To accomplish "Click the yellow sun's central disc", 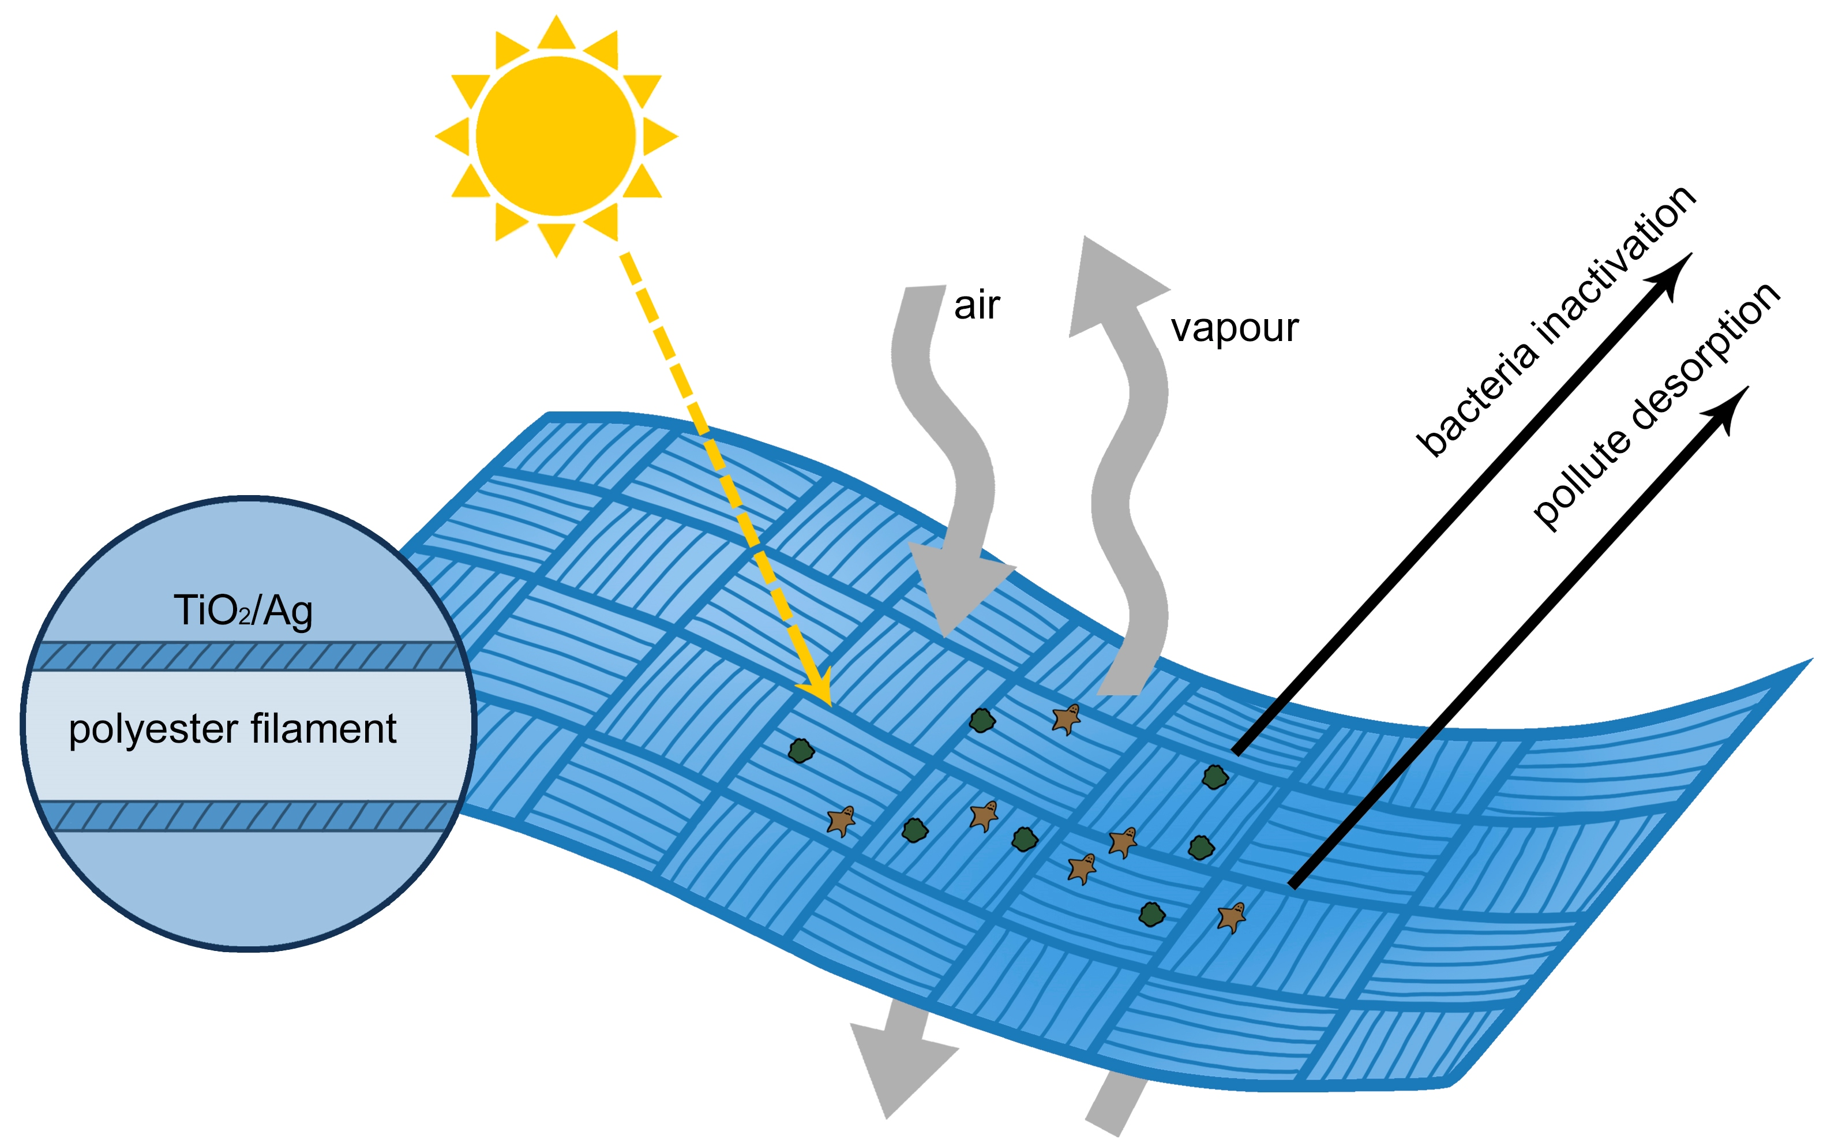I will pyautogui.click(x=556, y=136).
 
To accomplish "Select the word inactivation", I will pyautogui.click(x=1614, y=265).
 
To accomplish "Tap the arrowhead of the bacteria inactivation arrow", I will pyautogui.click(x=1671, y=276).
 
